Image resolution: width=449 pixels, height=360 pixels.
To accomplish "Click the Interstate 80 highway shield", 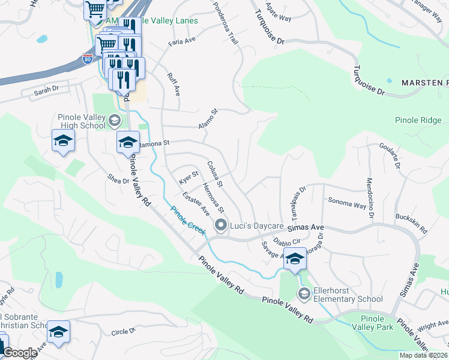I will click(87, 59).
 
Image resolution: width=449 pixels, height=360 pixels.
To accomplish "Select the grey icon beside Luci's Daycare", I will click(220, 226).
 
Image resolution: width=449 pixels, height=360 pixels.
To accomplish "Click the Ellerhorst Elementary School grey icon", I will click(304, 293).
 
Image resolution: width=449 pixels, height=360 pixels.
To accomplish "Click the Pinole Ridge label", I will click(418, 120).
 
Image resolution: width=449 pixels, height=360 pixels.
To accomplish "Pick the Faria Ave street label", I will click(182, 40).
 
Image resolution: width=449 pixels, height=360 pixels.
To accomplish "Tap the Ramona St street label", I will click(155, 144).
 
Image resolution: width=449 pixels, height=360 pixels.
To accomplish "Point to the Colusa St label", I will click(214, 173).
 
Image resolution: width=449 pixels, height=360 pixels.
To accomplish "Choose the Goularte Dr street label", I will click(390, 155).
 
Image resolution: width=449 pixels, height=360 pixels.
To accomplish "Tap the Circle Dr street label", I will click(124, 330).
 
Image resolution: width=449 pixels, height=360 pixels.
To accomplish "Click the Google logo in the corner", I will click(19, 353).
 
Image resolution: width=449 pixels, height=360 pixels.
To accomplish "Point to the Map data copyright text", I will click(424, 355).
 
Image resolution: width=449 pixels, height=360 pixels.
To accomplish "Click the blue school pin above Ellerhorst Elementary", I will click(295, 259).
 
